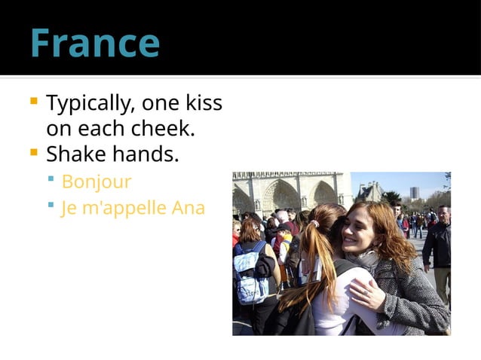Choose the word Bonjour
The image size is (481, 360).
[97, 182]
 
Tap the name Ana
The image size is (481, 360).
[188, 208]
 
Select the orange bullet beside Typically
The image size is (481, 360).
[33, 100]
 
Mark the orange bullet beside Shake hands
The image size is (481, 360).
[33, 152]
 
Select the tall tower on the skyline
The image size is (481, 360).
[414, 193]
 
